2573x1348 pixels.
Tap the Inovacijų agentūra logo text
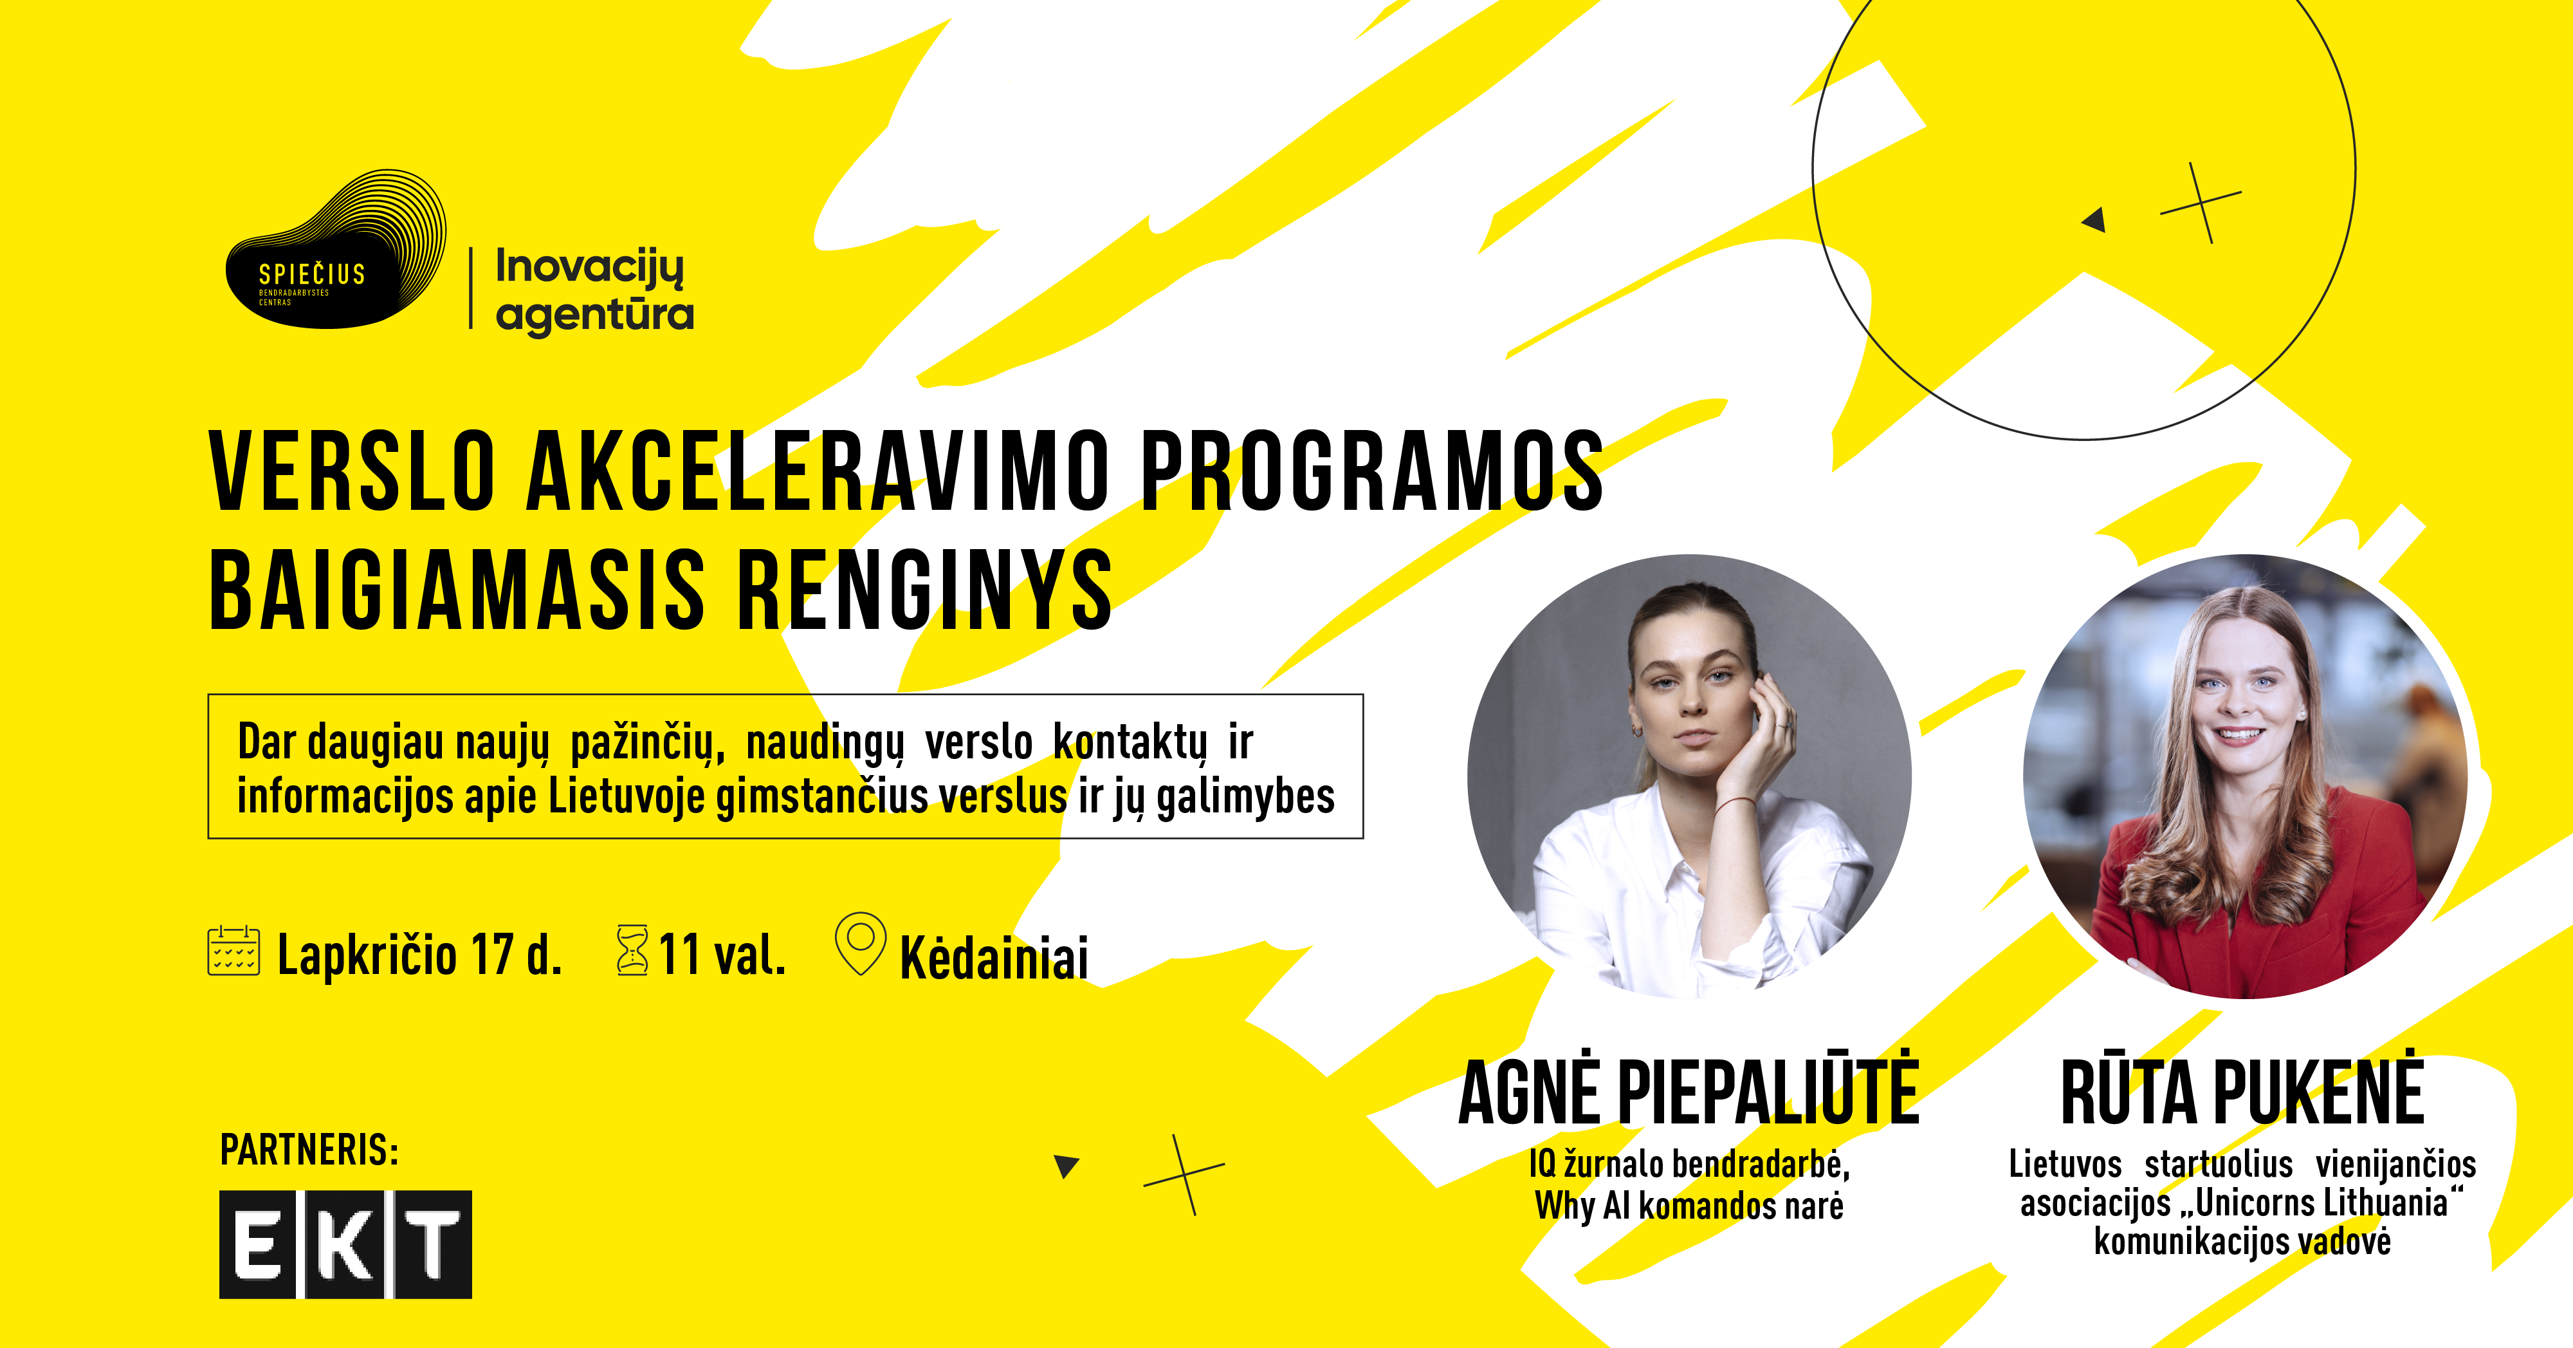point(594,290)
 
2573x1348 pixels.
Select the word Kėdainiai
point(994,957)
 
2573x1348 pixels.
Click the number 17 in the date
point(493,954)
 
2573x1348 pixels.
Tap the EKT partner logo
point(345,1244)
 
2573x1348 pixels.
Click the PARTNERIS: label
point(309,1150)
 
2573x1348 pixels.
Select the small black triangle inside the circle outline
point(2094,219)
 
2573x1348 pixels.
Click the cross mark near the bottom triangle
point(1185,1175)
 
